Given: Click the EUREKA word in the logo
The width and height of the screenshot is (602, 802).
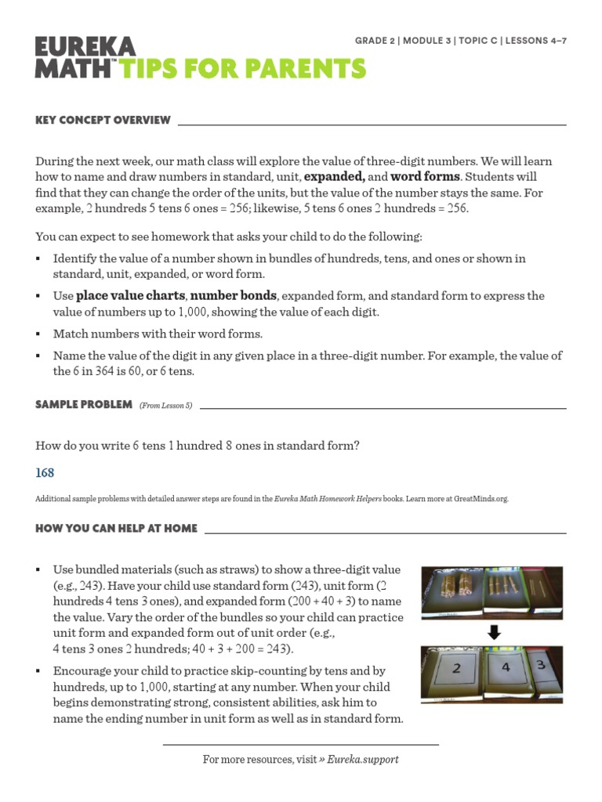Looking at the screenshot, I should click(85, 47).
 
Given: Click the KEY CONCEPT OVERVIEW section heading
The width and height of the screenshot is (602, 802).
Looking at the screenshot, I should click(103, 120).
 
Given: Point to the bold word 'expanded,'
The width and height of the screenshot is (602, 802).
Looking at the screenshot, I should click(329, 176).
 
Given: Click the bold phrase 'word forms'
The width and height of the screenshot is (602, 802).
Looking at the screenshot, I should click(424, 176).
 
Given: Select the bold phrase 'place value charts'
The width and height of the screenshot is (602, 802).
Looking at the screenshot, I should click(130, 296).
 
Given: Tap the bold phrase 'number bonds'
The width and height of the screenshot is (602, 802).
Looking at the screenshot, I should click(234, 296).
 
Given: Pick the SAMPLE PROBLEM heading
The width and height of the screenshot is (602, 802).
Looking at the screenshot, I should click(83, 404).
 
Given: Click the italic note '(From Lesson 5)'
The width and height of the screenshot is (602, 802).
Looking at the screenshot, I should click(165, 405).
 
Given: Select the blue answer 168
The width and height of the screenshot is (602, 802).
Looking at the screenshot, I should click(45, 473).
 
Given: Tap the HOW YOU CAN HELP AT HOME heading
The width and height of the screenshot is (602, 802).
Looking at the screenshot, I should click(116, 529).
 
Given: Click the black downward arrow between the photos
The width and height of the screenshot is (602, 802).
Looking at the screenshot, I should click(493, 630).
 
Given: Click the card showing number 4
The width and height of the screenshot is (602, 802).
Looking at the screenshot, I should click(506, 668).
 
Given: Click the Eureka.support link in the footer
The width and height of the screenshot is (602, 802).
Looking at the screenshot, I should click(363, 760).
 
